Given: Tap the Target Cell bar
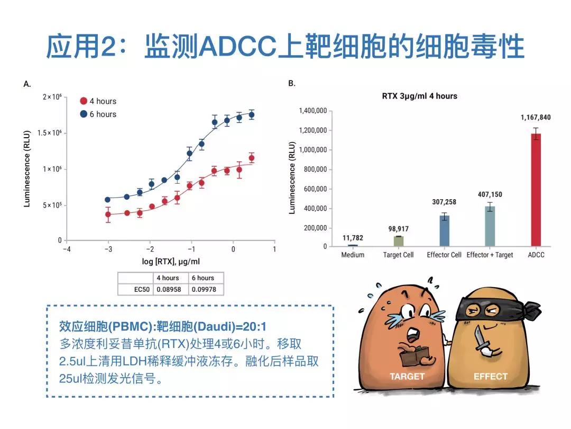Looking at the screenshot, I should pyautogui.click(x=398, y=241).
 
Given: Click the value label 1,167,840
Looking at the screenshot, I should pyautogui.click(x=536, y=118).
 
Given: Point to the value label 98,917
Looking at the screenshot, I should pyautogui.click(x=398, y=229).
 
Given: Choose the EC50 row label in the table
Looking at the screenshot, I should pyautogui.click(x=135, y=289).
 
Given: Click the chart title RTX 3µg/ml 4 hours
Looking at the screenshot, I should pyautogui.click(x=419, y=96).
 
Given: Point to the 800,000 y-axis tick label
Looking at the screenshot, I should pyautogui.click(x=312, y=169).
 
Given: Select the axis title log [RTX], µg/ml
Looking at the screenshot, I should pyautogui.click(x=170, y=262).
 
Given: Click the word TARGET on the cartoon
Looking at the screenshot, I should pyautogui.click(x=407, y=377).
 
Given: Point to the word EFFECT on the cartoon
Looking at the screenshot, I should pyautogui.click(x=490, y=377).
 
